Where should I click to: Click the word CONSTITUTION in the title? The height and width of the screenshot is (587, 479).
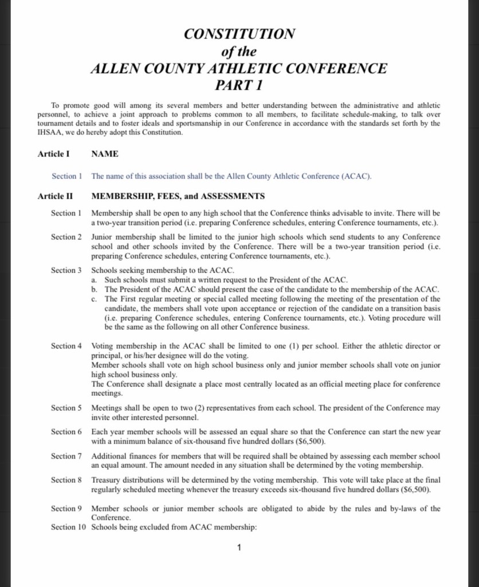pos(239,34)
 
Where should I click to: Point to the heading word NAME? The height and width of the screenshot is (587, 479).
pos(105,154)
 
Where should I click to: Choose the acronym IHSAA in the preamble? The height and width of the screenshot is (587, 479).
pos(51,132)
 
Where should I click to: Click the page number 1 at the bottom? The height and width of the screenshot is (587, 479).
pos(239,548)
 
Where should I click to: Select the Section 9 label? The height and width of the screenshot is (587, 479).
pos(67,508)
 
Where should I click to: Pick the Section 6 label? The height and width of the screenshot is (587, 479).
pos(67,432)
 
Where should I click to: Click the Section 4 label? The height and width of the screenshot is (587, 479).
pos(67,346)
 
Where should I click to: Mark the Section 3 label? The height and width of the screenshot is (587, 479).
pos(67,270)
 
